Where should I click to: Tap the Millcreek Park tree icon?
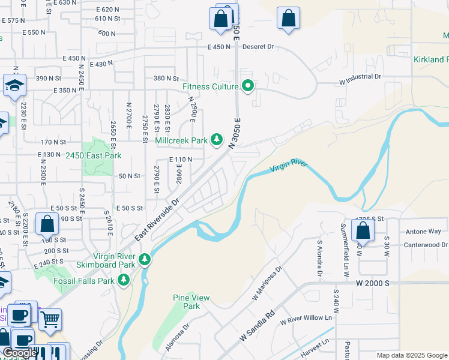(217, 140)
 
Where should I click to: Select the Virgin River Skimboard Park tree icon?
(144, 260)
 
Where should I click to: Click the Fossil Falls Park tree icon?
(124, 280)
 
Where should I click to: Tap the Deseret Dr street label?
(258, 46)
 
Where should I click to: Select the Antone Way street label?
(423, 231)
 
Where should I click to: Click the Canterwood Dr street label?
(426, 245)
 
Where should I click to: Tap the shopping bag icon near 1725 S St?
(363, 230)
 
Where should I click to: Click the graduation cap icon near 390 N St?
(14, 85)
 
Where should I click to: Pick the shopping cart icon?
(50, 319)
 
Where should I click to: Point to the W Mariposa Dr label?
(267, 282)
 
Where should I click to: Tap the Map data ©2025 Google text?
(411, 355)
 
